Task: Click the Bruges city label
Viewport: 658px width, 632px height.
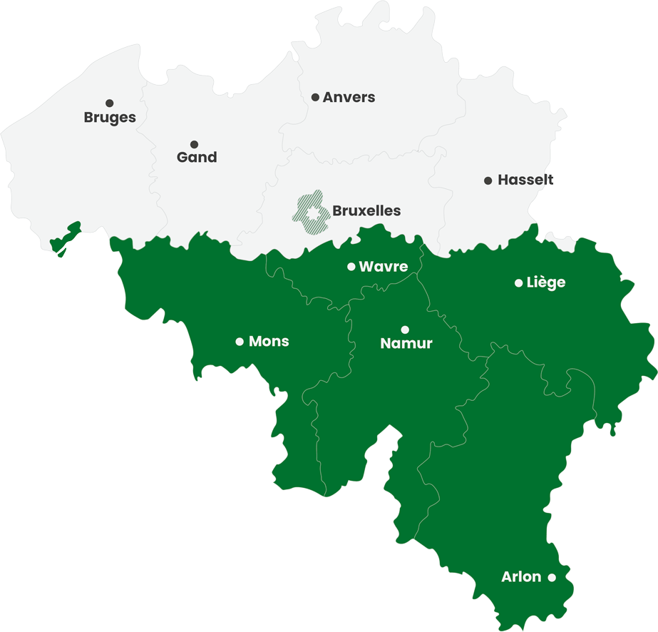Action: tap(110, 118)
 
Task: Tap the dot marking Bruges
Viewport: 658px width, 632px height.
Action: tap(109, 103)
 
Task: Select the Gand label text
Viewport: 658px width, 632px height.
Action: tap(197, 158)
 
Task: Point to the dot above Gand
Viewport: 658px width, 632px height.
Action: tap(194, 144)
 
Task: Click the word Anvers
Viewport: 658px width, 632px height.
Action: tap(349, 97)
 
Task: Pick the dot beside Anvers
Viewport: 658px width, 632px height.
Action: tap(315, 97)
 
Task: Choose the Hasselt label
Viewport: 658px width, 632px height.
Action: tap(525, 180)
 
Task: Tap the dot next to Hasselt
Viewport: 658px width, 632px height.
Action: tap(488, 180)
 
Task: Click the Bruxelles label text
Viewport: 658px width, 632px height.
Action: tap(366, 211)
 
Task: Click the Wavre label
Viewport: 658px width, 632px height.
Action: tap(384, 267)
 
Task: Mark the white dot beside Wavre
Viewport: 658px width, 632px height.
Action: tap(351, 267)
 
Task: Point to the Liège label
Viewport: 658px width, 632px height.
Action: tap(545, 282)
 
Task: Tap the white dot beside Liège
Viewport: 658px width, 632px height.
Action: tap(518, 283)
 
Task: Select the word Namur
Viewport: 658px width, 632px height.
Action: tap(406, 344)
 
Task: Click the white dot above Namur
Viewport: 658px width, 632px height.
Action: tap(405, 330)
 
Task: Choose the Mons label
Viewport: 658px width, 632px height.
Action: tap(269, 342)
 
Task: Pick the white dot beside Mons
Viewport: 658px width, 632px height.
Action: tap(240, 342)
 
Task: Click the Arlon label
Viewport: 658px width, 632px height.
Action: tap(521, 577)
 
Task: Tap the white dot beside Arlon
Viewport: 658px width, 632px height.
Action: tap(552, 578)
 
